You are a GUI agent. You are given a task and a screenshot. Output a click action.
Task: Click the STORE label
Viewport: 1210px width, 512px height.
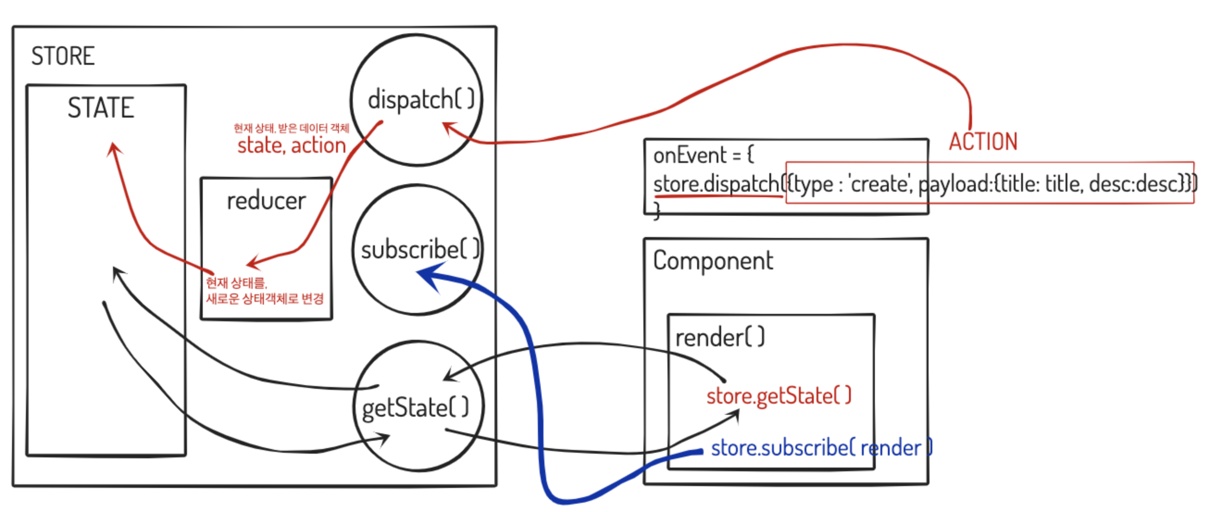tap(63, 56)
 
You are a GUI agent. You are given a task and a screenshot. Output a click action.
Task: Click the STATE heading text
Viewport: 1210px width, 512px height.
tap(100, 107)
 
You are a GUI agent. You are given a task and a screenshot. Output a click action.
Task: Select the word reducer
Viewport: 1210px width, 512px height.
tap(266, 201)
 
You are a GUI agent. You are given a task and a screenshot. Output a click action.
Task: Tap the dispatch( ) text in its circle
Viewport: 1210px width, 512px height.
tap(420, 100)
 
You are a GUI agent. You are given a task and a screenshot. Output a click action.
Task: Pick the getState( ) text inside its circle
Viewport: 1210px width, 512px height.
tap(415, 408)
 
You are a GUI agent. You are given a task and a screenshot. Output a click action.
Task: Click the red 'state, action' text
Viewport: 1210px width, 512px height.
tap(291, 145)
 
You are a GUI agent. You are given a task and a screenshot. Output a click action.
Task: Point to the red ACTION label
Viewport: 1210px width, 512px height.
tap(983, 141)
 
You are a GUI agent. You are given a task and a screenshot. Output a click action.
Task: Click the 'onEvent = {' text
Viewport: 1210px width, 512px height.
tap(703, 155)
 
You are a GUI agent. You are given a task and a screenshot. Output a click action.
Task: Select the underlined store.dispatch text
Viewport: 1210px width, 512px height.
tap(716, 184)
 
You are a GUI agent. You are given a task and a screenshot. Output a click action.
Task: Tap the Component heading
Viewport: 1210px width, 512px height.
tap(712, 261)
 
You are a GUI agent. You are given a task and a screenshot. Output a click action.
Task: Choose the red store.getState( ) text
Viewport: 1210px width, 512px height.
tap(778, 395)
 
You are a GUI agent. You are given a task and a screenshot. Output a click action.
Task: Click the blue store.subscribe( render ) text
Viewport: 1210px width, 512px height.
tap(821, 448)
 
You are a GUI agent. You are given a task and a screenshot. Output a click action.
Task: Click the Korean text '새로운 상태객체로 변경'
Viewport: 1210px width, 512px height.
tap(265, 299)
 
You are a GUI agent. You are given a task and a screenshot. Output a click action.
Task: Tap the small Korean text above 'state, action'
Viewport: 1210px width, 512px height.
tap(291, 128)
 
